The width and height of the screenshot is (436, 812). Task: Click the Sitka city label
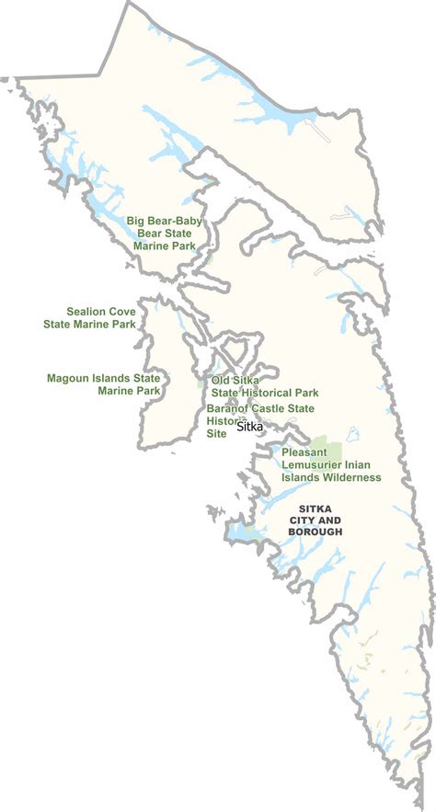coord(250,427)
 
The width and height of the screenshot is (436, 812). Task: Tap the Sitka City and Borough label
coord(320,520)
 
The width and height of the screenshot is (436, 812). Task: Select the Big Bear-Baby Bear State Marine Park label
coord(165,234)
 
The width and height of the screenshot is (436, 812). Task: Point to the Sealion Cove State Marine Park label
coord(90,317)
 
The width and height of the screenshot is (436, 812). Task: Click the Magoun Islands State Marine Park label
coord(104,383)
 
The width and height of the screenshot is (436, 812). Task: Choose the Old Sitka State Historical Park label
coord(265,386)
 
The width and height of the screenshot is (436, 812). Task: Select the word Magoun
coord(67,377)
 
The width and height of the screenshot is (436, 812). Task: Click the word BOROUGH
coord(320,532)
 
